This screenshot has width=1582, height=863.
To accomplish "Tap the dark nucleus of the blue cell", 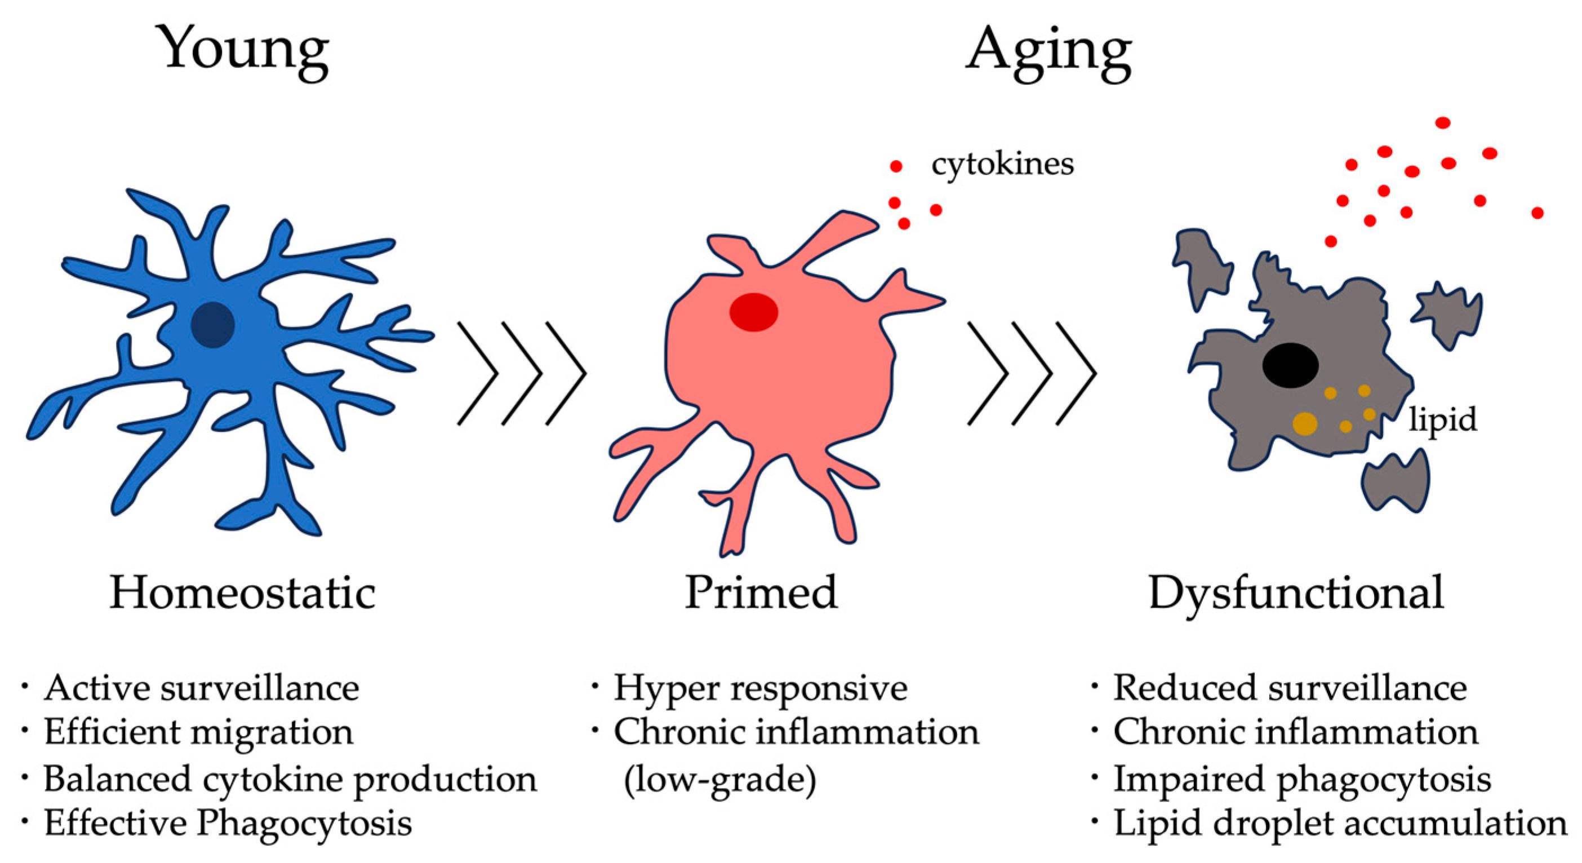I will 212,324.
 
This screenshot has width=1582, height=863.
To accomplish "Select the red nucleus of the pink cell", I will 754,312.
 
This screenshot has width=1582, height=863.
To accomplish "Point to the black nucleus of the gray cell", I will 1290,365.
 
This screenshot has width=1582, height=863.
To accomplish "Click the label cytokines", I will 1002,164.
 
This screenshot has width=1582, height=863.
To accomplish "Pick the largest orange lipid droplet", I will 1304,424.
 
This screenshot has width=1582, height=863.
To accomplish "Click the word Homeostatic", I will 243,593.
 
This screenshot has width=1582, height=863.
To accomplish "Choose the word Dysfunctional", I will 1296,593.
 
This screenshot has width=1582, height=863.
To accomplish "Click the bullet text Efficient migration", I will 198,732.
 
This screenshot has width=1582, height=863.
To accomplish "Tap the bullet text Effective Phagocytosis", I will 227,822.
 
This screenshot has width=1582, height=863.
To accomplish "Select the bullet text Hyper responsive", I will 760,687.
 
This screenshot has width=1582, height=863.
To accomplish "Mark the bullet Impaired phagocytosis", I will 1302,778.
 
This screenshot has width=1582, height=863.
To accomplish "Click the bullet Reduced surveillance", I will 1290,687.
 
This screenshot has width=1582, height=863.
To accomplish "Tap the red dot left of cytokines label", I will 896,166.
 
